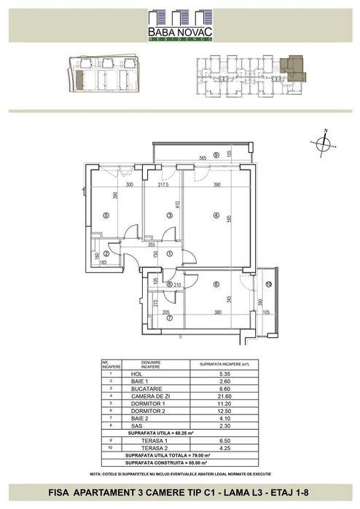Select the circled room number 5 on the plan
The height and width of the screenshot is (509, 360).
coord(106,216)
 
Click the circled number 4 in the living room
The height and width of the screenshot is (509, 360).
coord(216,215)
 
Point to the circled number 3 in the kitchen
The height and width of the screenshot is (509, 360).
coord(169,216)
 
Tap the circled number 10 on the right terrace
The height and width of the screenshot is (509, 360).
coord(268,283)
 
